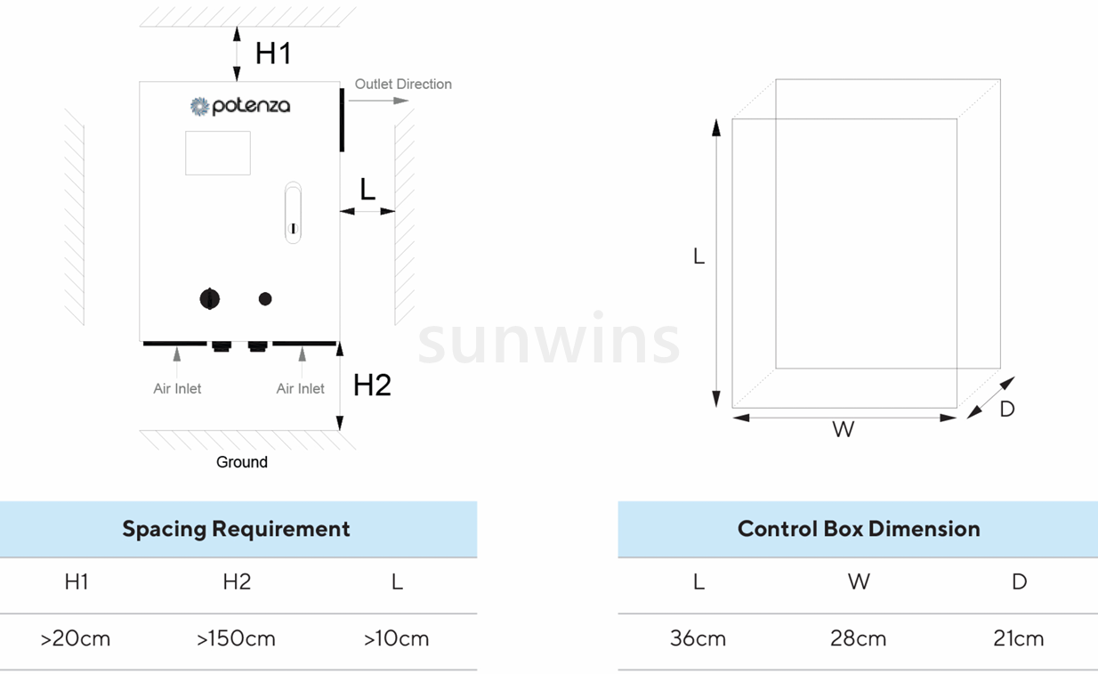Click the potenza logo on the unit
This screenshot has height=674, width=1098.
[x=240, y=106]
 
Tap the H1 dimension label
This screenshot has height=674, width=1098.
[x=273, y=53]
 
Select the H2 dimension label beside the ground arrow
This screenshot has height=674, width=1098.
[x=372, y=385]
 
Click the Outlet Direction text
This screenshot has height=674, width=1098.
[x=403, y=84]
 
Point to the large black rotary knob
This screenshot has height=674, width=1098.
[x=210, y=299]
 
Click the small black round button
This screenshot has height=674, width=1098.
[x=265, y=299]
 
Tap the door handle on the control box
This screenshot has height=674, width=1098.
[x=293, y=213]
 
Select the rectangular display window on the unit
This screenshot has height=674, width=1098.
[x=218, y=153]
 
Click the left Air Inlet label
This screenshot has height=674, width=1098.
[x=177, y=388]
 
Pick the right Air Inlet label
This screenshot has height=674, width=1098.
[x=301, y=388]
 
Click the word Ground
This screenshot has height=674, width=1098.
[x=242, y=462]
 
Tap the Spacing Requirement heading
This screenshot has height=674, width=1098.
[x=236, y=529]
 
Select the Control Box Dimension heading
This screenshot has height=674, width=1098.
[x=859, y=529]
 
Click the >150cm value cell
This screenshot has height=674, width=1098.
[x=237, y=639]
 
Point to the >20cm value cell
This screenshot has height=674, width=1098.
[x=76, y=639]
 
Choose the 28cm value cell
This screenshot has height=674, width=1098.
[x=859, y=639]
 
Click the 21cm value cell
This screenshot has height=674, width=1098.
[x=1019, y=639]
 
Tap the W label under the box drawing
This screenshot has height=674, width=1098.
[x=843, y=430]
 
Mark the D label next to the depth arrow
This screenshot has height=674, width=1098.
[x=1007, y=409]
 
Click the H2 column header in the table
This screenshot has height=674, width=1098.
[x=237, y=582]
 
